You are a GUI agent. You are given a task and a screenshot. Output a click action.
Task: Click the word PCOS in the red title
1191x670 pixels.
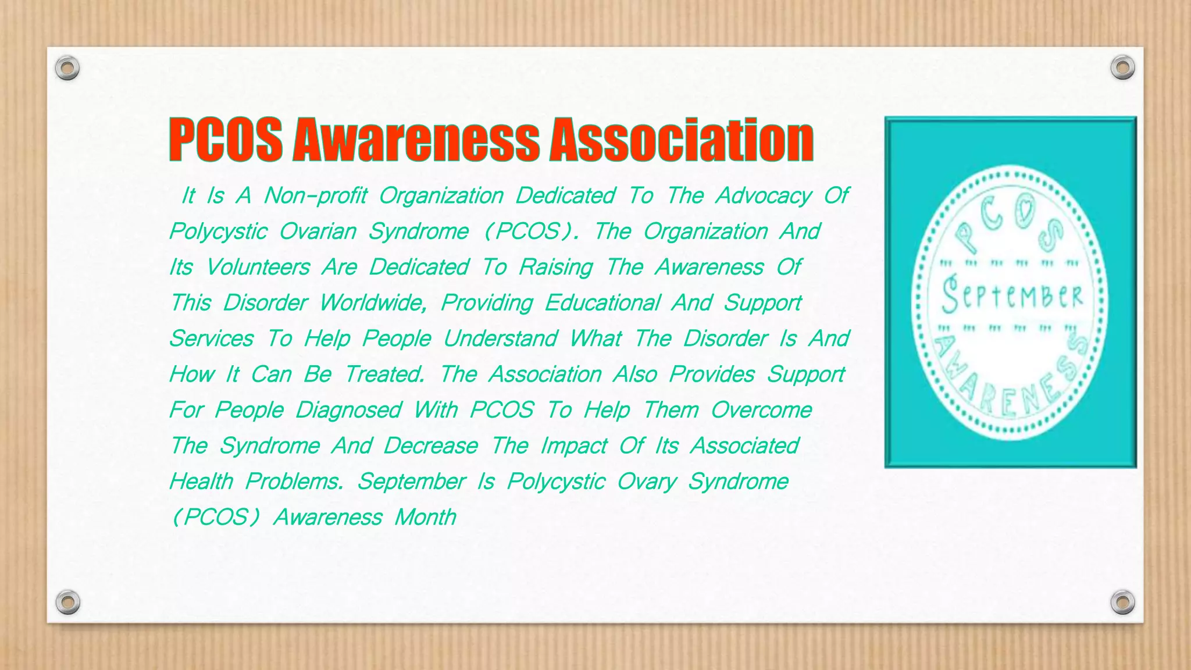pyautogui.click(x=226, y=140)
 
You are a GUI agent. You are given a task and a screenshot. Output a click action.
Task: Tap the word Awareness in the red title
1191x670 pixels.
pyautogui.click(x=416, y=140)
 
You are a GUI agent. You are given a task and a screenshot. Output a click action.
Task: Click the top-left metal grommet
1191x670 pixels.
pyautogui.click(x=67, y=68)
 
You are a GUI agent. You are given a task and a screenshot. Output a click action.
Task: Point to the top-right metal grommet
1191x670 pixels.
pyautogui.click(x=1122, y=67)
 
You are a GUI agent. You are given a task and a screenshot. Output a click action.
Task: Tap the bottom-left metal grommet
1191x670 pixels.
pyautogui.click(x=67, y=602)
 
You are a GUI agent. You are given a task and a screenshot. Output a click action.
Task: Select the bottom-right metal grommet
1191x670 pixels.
pyautogui.click(x=1122, y=602)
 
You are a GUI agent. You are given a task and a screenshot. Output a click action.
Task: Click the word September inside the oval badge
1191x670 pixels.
pyautogui.click(x=1011, y=295)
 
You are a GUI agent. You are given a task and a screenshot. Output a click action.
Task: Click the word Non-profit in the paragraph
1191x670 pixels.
pyautogui.click(x=315, y=196)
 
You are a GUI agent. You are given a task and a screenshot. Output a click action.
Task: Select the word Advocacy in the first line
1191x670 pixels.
pyautogui.click(x=764, y=196)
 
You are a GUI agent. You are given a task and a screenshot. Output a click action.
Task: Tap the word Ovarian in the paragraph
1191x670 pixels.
pyautogui.click(x=318, y=231)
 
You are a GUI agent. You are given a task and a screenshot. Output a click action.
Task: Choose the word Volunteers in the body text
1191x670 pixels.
pyautogui.click(x=258, y=268)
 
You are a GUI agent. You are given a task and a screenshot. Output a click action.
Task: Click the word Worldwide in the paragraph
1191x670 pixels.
pyautogui.click(x=373, y=303)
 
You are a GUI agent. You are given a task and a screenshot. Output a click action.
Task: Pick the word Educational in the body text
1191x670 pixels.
pyautogui.click(x=602, y=303)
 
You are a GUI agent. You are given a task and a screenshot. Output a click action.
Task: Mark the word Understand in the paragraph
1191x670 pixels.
pyautogui.click(x=500, y=338)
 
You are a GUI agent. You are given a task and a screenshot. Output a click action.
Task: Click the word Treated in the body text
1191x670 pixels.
pyautogui.click(x=384, y=375)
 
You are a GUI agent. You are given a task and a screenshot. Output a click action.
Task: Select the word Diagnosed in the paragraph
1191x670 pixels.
pyautogui.click(x=348, y=410)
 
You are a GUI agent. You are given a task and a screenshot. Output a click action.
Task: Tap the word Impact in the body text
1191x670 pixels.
pyautogui.click(x=573, y=446)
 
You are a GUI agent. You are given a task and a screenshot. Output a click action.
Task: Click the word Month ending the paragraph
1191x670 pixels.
pyautogui.click(x=425, y=517)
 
